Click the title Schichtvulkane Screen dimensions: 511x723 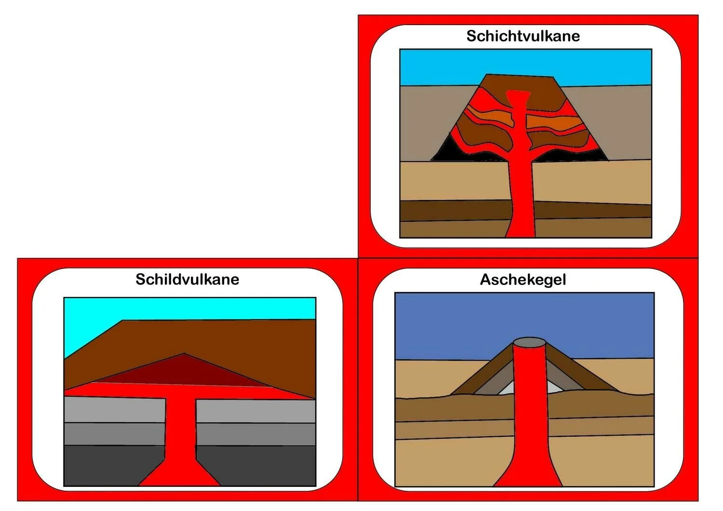coord(523,36)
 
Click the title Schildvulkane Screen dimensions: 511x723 coord(187,280)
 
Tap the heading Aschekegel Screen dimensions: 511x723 coord(523,280)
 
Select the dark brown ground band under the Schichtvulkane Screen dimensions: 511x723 coord(453,210)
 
